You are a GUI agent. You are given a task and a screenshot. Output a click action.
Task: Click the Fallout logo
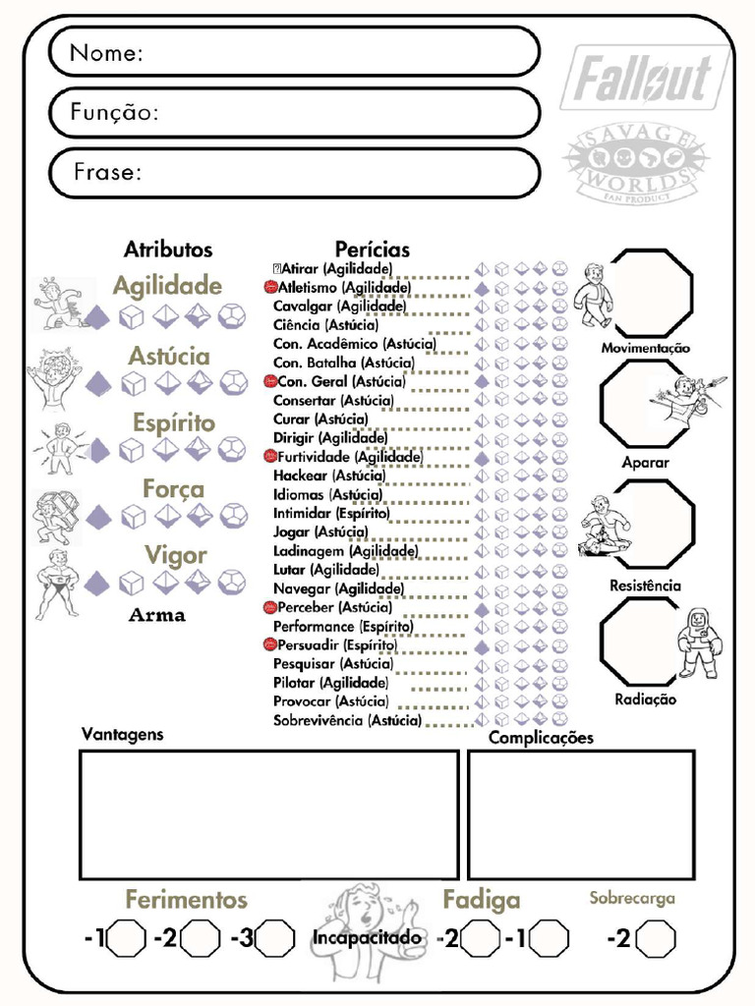[643, 80]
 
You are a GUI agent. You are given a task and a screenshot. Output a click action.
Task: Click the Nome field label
[107, 53]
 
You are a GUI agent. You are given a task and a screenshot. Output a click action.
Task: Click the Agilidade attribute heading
[167, 286]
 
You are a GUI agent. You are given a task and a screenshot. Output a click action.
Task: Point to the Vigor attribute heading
[176, 555]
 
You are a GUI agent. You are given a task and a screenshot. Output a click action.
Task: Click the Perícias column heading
[373, 250]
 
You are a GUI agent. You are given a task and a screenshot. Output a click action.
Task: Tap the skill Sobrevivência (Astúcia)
[347, 720]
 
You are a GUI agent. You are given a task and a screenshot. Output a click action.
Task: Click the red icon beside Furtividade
[270, 457]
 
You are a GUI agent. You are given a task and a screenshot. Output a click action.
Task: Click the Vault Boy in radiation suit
[699, 643]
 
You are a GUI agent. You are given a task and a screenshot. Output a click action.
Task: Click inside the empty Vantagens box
[268, 814]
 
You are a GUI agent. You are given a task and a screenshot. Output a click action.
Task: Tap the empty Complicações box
[580, 814]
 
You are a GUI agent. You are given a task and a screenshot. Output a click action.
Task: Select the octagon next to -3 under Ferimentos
[275, 938]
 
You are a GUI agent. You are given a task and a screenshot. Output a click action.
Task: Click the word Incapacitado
[367, 938]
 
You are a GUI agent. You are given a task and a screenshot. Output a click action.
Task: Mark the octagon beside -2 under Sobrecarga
[656, 938]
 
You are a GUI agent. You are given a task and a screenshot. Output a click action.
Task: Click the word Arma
[157, 616]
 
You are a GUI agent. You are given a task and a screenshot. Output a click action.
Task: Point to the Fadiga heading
[481, 899]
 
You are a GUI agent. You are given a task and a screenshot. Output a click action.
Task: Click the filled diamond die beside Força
[97, 516]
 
